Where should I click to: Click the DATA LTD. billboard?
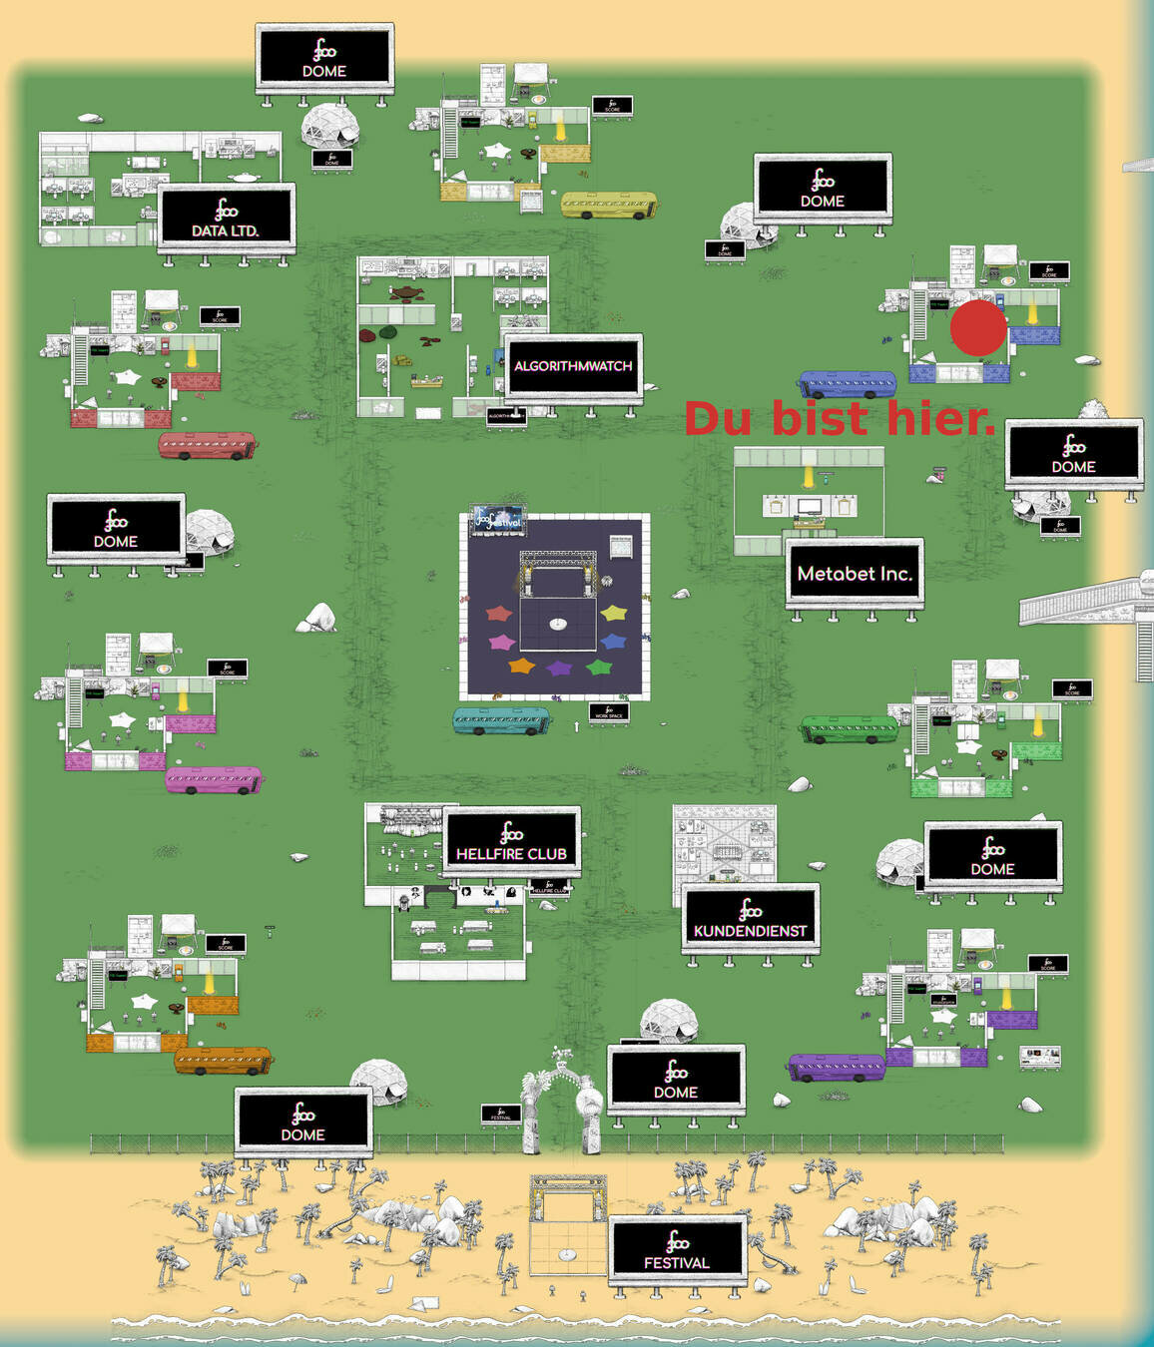point(226,218)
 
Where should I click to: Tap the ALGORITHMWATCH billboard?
point(573,366)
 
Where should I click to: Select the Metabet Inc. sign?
point(855,573)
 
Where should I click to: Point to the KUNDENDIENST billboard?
point(750,918)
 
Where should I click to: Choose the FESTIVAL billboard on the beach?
point(677,1249)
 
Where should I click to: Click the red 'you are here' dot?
point(978,328)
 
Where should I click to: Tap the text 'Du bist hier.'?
point(840,418)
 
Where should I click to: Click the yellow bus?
point(609,205)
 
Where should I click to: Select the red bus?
point(207,445)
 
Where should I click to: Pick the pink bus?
point(214,779)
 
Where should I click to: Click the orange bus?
point(222,1060)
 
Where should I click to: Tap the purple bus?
point(837,1067)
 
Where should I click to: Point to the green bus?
point(849,728)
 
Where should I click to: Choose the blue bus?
point(848,384)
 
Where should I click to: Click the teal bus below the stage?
point(501,720)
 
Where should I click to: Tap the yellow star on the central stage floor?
point(614,613)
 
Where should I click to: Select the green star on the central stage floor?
point(598,667)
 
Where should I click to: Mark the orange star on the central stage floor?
point(521,666)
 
